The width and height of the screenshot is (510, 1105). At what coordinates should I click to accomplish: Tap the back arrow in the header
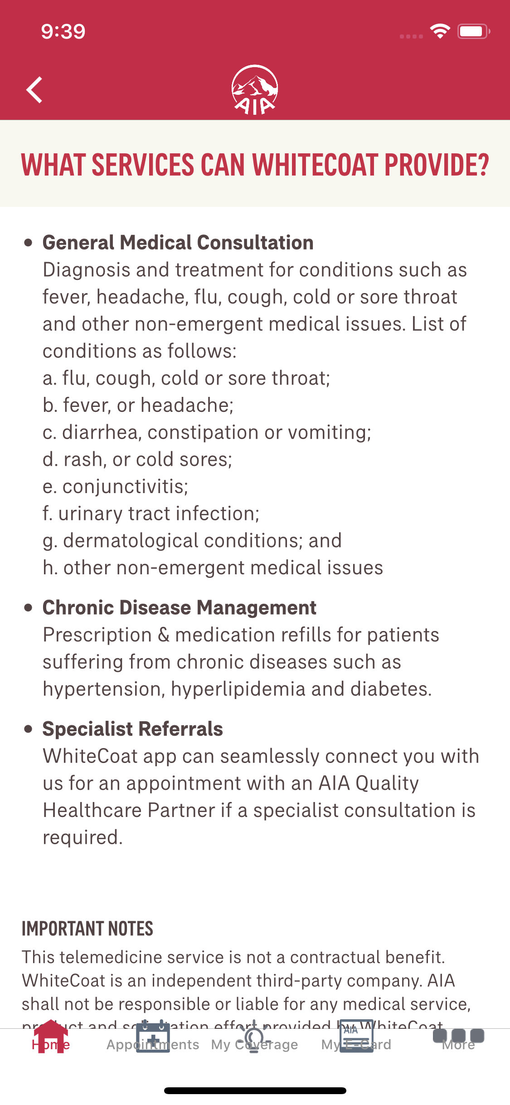(34, 90)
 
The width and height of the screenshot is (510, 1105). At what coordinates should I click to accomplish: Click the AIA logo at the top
(255, 90)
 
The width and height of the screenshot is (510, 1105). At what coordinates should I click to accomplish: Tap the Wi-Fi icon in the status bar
(440, 31)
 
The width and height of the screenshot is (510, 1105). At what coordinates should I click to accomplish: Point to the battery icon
(473, 31)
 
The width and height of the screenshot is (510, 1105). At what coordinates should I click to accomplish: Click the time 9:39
(63, 31)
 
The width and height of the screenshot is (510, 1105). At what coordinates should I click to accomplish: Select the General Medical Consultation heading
(178, 243)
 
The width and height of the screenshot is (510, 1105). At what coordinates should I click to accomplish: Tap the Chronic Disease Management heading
(179, 608)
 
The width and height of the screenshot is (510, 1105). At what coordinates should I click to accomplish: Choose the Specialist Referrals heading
(132, 729)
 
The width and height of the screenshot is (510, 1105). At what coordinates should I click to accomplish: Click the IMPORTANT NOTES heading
(87, 929)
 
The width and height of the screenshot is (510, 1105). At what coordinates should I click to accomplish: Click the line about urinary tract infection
(151, 513)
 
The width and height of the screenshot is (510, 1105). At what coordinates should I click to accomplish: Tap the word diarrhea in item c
(100, 432)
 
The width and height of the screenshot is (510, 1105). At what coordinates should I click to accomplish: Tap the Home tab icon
(51, 1037)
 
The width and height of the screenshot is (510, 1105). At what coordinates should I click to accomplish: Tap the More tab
(458, 1038)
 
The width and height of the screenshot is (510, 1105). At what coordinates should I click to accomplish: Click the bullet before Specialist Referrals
(29, 729)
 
